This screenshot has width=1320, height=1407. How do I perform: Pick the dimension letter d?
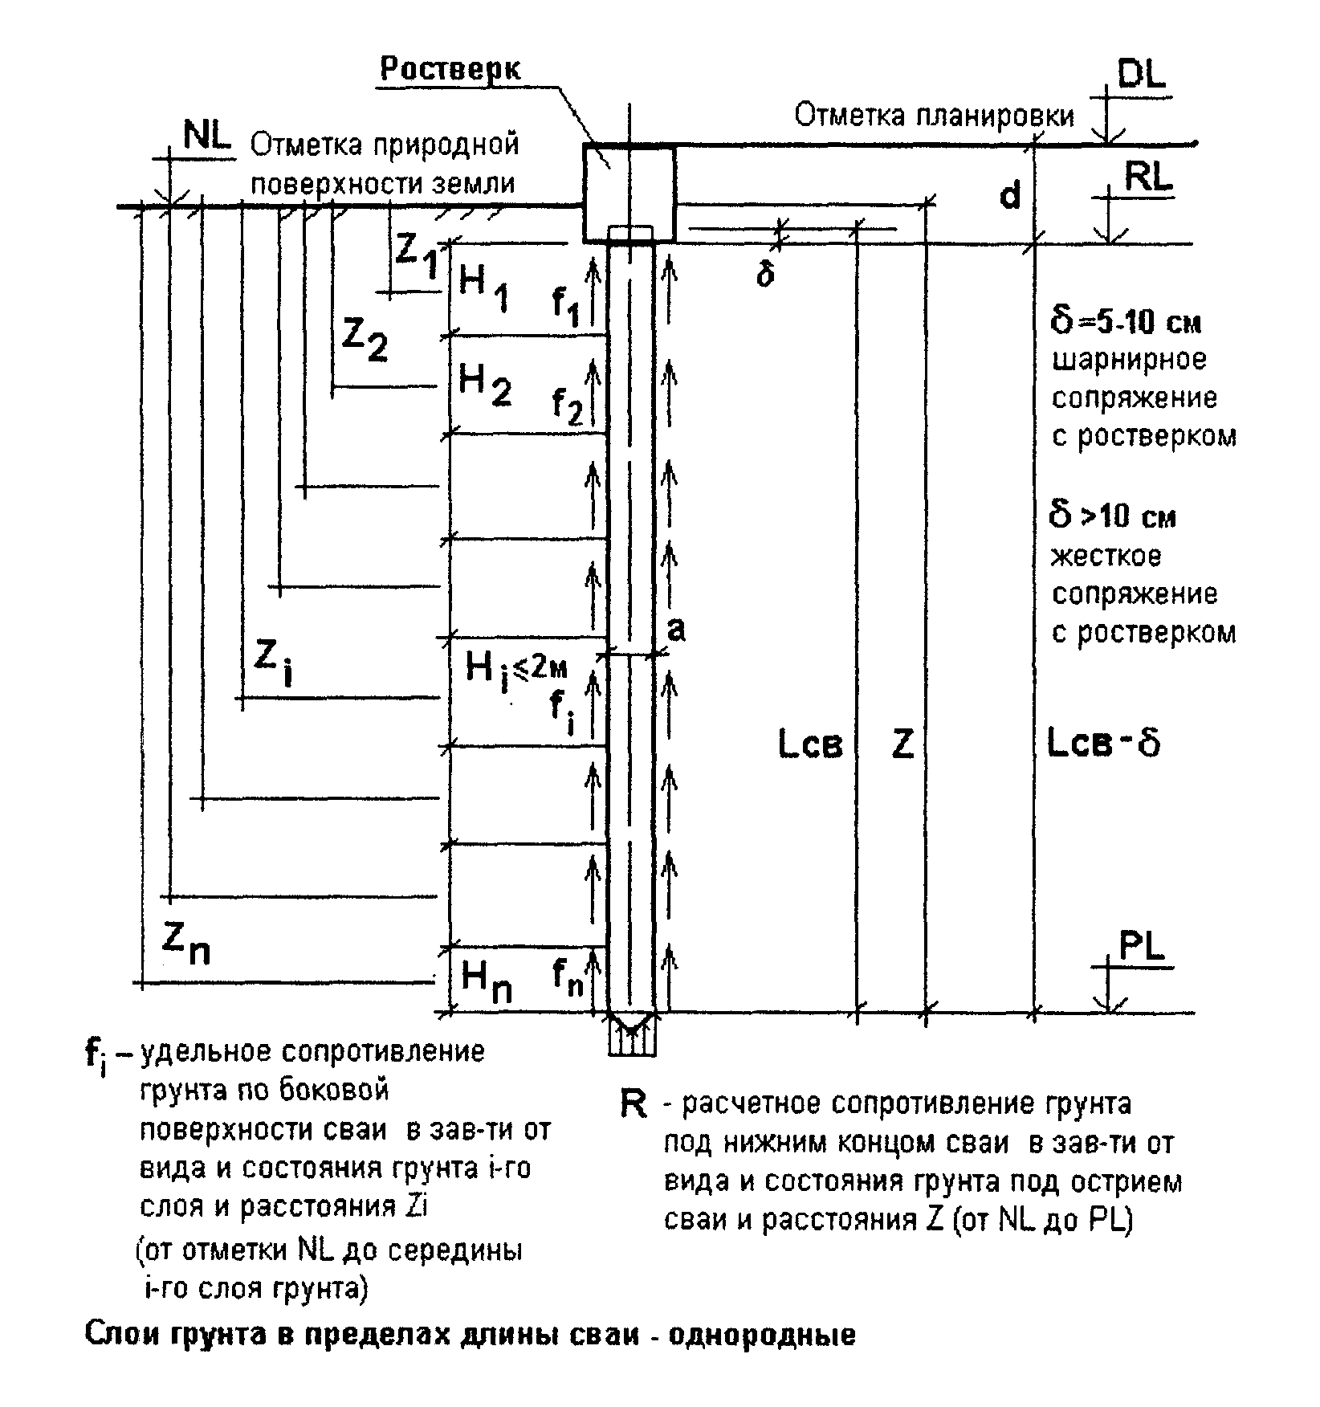(1009, 195)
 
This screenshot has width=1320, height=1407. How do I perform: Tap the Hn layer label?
(486, 981)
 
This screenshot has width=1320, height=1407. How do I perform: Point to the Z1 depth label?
(417, 254)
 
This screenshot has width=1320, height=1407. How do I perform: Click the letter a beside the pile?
(677, 630)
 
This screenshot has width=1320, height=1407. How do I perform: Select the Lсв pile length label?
(811, 745)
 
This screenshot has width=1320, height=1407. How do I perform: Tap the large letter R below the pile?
(634, 1105)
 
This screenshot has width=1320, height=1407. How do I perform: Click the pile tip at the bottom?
(632, 1030)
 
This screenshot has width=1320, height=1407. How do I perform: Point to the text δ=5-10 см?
(1126, 323)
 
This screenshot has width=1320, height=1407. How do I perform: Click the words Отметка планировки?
(934, 116)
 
